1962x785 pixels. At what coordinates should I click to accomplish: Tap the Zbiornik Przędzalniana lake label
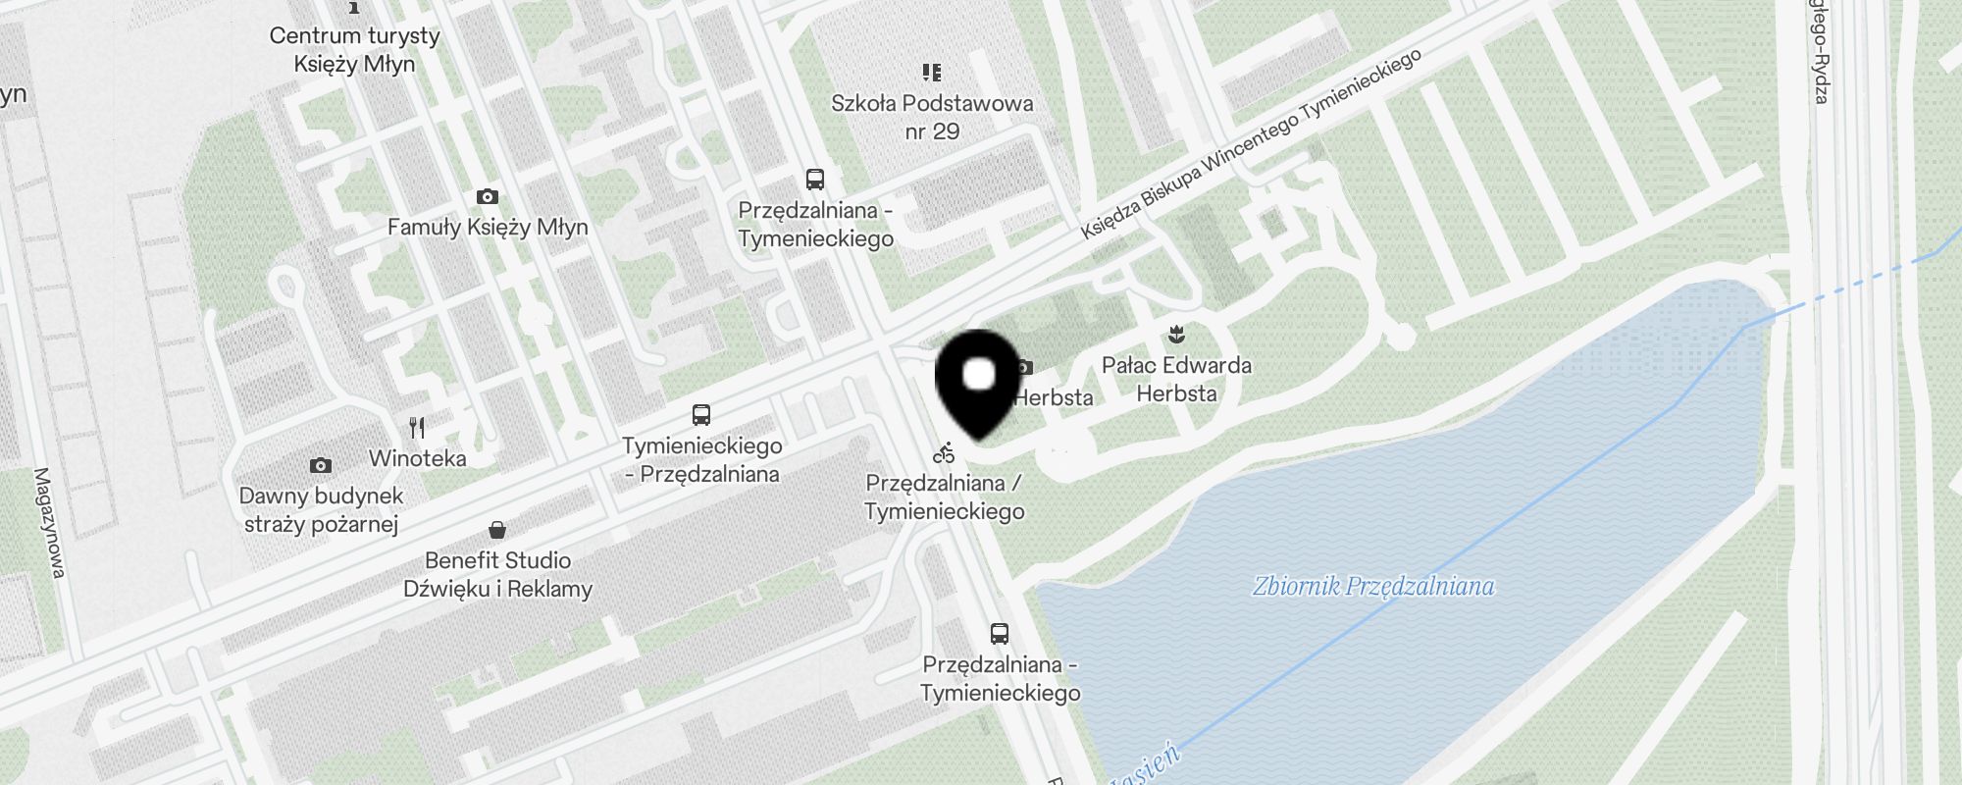1373,587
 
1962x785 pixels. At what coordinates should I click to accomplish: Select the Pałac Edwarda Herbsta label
1176,379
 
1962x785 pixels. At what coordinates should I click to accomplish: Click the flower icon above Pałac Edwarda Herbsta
1176,336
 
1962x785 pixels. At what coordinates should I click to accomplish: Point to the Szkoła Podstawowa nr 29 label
932,117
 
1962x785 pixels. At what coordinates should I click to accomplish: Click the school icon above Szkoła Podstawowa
932,72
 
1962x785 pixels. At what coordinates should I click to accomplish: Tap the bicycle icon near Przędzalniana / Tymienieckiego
944,453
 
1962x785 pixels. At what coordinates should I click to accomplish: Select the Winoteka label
418,458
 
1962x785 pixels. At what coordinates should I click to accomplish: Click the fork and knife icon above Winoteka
418,428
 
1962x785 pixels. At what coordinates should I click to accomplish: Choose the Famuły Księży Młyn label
488,228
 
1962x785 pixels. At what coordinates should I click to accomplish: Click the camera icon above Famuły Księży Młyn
487,197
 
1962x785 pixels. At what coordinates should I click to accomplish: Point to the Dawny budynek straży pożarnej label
321,510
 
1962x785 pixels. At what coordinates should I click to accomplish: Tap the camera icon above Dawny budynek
320,465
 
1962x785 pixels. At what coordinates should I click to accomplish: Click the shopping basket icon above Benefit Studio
497,530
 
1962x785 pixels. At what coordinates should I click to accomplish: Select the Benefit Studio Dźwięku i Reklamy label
498,575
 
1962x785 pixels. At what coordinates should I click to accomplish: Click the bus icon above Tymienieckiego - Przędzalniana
701,414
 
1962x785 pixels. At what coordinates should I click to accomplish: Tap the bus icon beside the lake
1000,633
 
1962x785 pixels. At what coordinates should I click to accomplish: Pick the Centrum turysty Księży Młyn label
354,50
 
